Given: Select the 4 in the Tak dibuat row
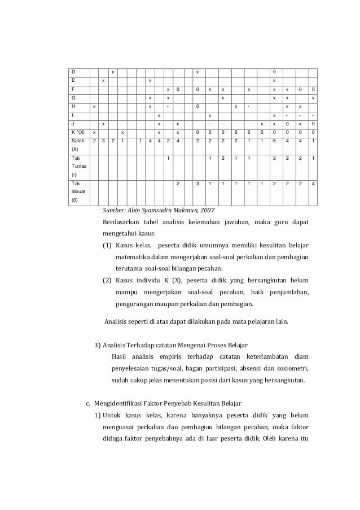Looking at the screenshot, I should (313, 184).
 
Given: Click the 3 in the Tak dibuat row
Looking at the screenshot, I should (196, 184).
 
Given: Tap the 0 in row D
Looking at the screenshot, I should (274, 72).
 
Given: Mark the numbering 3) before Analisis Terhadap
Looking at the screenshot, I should (96, 345).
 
